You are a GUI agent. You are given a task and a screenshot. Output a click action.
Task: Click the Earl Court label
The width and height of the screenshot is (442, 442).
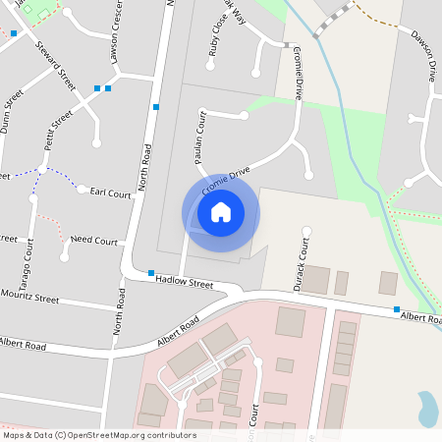(x=110, y=194)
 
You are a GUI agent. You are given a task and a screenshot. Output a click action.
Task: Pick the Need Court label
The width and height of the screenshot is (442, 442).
(x=93, y=241)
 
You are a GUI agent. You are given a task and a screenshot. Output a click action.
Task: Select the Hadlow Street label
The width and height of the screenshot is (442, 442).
(x=185, y=283)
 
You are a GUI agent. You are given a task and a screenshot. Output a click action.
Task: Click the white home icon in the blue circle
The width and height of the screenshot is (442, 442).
(x=221, y=212)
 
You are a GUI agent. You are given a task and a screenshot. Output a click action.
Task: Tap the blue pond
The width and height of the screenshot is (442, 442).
(x=428, y=408)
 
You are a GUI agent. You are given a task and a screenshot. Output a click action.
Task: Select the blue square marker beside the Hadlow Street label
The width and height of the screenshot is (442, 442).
(x=151, y=273)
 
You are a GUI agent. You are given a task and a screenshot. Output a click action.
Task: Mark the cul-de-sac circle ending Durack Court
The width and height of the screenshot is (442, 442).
(x=305, y=232)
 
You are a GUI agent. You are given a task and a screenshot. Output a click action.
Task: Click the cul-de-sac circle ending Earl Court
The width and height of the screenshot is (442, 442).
(x=83, y=190)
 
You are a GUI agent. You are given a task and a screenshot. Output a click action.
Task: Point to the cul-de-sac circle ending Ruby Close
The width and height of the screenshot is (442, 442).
(x=209, y=67)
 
